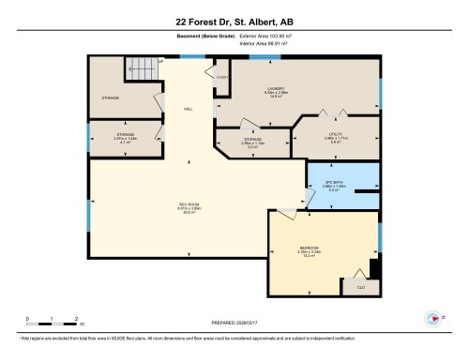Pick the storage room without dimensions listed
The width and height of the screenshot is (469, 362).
point(110,98)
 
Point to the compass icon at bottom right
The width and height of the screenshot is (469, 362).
point(432,317)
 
